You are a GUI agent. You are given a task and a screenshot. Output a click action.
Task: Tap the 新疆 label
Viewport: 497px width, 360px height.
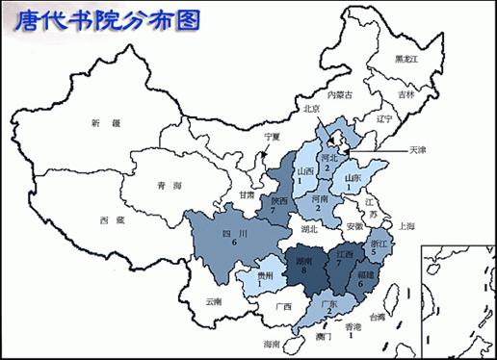pos(103,124)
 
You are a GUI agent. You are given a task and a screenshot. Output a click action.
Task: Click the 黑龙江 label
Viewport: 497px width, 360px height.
pos(408,60)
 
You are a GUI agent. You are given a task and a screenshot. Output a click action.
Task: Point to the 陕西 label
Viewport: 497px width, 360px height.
pos(279,201)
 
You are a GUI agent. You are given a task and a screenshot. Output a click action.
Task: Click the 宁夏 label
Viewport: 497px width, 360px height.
pos(273,137)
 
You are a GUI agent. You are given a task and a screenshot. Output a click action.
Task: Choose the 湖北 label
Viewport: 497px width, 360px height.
pos(308,229)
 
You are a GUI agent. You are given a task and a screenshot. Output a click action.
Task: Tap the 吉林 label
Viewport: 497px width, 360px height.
pos(406,95)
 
